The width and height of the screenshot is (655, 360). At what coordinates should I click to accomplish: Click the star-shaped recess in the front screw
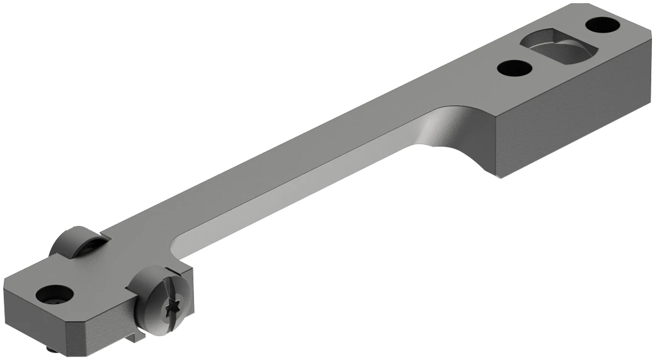click(x=173, y=310)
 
